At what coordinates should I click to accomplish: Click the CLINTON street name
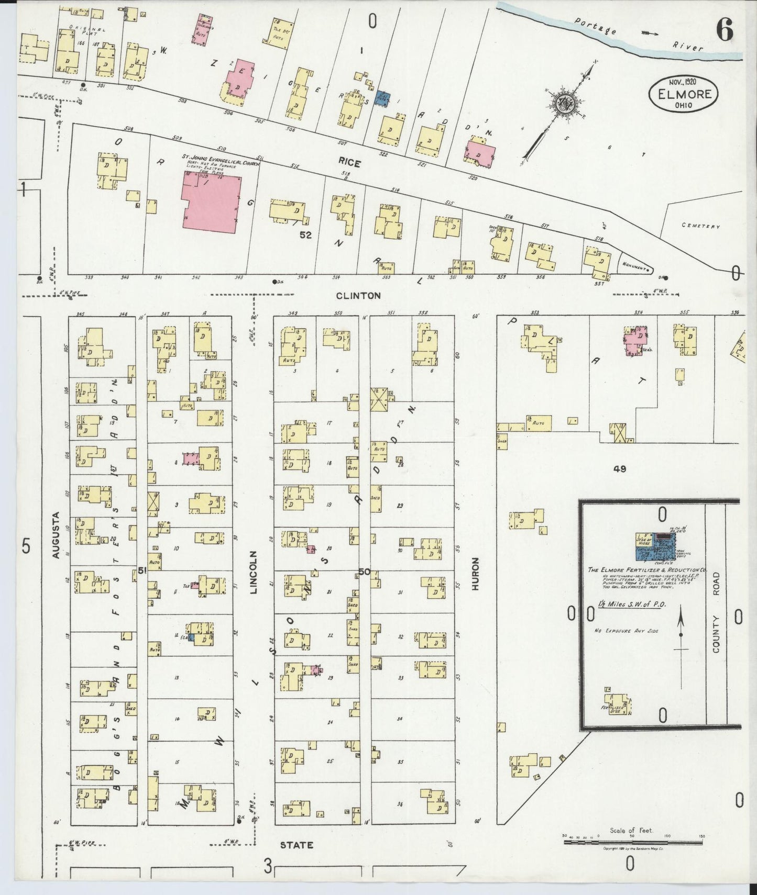(x=358, y=296)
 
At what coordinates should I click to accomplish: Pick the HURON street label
(x=476, y=574)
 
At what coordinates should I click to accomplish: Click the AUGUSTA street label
(x=56, y=535)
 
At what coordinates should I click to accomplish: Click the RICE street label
(x=349, y=164)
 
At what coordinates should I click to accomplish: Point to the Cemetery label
(x=701, y=226)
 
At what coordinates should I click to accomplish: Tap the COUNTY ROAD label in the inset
(x=716, y=612)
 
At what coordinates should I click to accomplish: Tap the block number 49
(x=620, y=469)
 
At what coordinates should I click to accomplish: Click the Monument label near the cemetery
(x=633, y=267)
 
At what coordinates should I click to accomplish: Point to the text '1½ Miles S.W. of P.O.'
(x=624, y=605)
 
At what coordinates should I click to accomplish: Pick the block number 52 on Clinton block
(x=305, y=236)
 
